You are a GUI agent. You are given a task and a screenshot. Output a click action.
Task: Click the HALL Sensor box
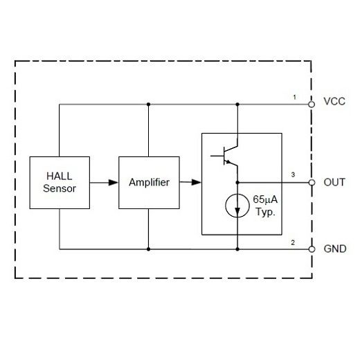60,182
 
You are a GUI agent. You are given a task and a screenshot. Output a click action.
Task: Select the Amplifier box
148,182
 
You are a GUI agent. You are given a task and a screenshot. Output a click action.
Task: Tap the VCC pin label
334,102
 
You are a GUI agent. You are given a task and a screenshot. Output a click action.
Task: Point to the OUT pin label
334,183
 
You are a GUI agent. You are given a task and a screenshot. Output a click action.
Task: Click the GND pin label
334,248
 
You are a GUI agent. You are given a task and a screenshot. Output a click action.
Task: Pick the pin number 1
294,98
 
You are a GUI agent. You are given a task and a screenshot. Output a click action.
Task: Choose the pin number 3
294,175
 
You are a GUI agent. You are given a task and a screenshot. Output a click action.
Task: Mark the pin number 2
294,242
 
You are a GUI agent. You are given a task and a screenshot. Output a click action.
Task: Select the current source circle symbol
237,206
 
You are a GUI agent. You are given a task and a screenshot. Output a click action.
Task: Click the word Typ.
265,212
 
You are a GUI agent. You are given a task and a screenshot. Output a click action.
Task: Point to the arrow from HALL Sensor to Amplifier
103,182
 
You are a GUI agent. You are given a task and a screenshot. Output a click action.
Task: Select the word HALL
59,176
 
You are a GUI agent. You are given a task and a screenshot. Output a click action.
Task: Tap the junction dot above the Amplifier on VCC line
148,105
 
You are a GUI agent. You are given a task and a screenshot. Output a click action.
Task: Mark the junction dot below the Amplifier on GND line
148,248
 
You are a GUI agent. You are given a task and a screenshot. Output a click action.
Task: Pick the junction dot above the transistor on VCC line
237,105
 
